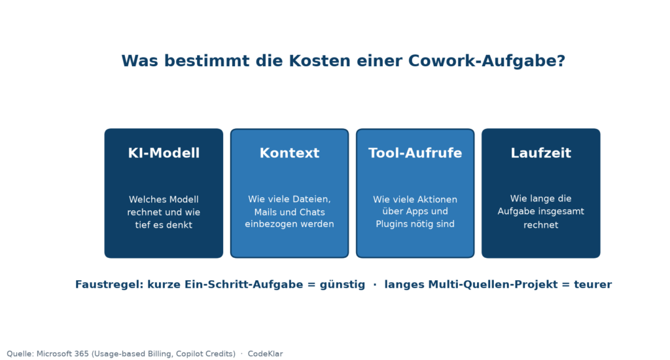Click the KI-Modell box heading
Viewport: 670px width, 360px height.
coord(164,153)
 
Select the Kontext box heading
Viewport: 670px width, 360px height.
coord(289,153)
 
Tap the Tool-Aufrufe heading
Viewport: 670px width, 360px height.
coord(415,153)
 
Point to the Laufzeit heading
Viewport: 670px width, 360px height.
coord(540,153)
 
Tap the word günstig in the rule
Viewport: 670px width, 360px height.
coord(342,285)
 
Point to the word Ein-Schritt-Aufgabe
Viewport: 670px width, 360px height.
coord(243,285)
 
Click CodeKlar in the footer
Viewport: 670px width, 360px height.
coord(266,353)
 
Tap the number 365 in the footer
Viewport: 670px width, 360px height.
coord(82,353)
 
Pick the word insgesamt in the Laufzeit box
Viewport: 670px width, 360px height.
coord(564,211)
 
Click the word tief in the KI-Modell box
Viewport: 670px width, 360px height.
coord(143,225)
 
